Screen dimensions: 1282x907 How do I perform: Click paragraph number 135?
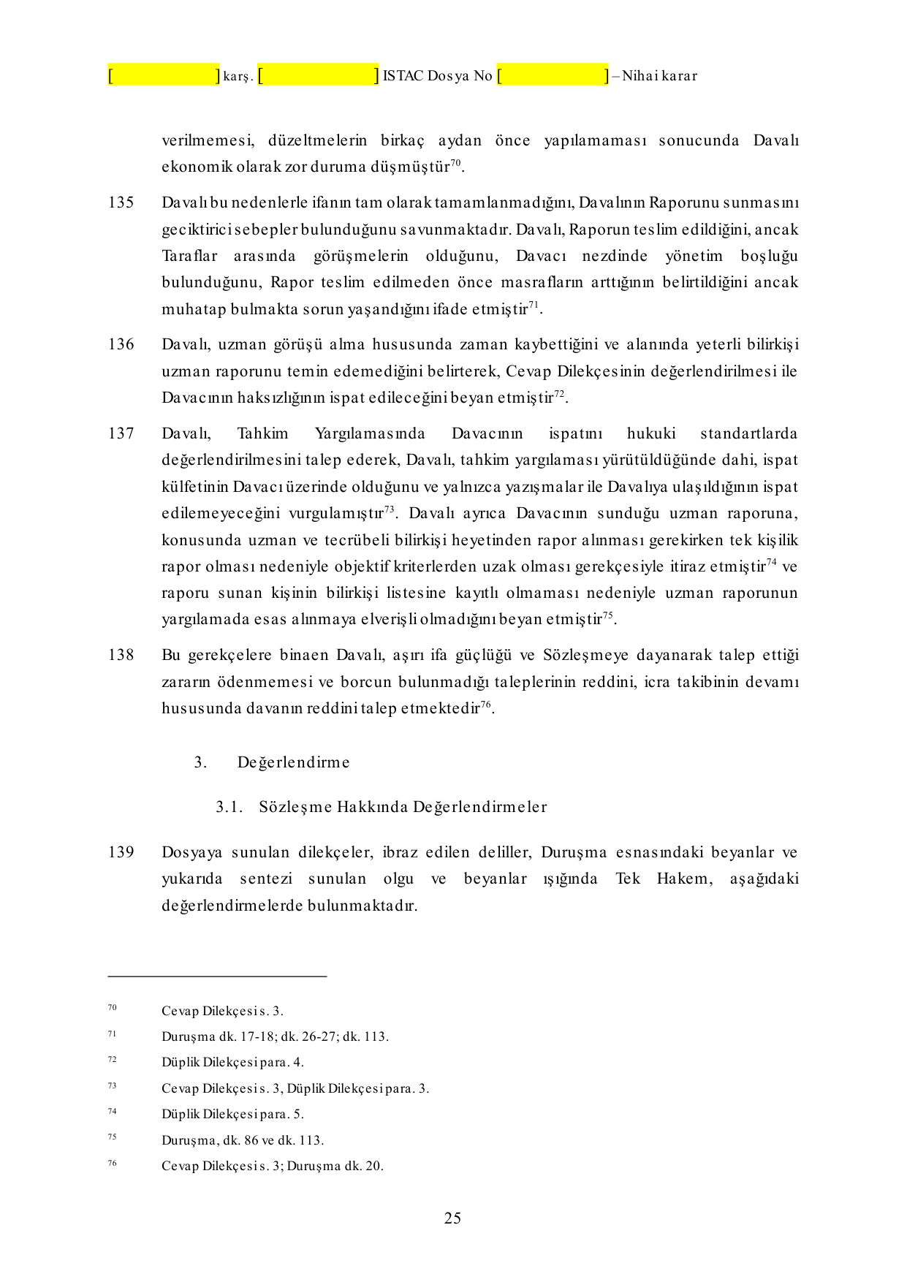pos(121,202)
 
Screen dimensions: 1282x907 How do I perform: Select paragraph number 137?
pos(121,433)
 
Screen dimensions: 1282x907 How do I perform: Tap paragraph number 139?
pos(121,852)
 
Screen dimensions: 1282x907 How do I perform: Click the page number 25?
pos(452,1218)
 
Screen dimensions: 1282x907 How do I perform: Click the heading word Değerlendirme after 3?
pos(293,762)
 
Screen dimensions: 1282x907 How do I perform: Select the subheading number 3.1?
pos(228,807)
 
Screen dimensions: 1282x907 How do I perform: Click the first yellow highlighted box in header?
pos(164,75)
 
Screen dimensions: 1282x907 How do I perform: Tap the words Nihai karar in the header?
pos(659,76)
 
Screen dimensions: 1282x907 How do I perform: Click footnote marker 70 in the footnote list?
pos(112,1008)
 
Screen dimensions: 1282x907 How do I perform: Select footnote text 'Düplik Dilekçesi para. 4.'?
pos(232,1062)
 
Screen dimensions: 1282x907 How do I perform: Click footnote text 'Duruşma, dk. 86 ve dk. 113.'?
pos(242,1140)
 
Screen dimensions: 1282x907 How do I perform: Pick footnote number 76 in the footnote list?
pos(112,1163)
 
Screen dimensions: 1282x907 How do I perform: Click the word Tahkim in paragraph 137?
pos(262,433)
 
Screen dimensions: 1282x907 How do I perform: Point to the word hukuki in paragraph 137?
pos(650,433)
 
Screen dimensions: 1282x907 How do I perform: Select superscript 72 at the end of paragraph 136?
pos(559,394)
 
